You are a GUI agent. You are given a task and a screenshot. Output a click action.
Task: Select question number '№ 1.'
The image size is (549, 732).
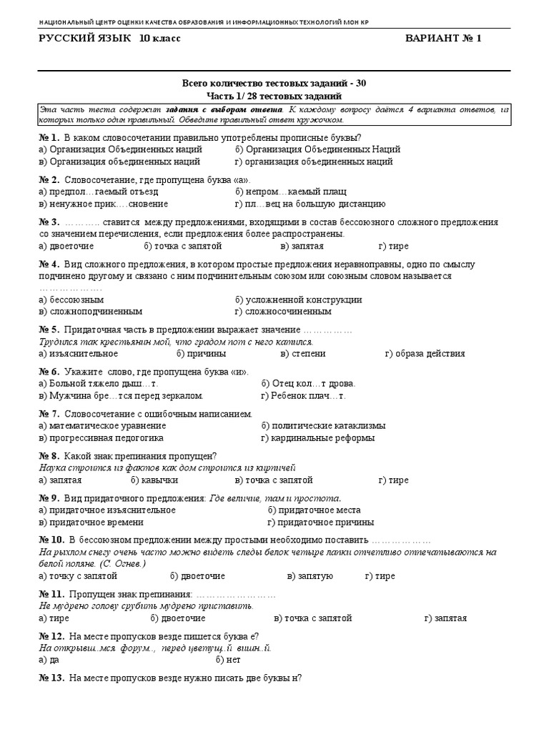(49, 137)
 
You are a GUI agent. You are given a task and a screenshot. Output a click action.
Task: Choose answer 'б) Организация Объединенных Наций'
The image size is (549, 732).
(317, 149)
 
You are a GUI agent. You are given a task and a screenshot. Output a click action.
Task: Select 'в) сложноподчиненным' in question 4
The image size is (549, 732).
(91, 312)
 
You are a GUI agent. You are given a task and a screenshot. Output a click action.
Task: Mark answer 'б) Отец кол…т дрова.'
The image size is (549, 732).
(308, 383)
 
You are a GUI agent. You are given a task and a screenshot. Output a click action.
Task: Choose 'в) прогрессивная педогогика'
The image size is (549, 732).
(102, 437)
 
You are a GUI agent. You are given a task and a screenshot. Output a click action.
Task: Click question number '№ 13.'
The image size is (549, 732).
(51, 677)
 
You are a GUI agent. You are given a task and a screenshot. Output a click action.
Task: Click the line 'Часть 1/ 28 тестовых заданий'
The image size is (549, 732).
(274, 96)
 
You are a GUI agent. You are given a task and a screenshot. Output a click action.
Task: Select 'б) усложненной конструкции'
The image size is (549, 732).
(298, 300)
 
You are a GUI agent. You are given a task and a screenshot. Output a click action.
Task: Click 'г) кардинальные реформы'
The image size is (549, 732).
(317, 437)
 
